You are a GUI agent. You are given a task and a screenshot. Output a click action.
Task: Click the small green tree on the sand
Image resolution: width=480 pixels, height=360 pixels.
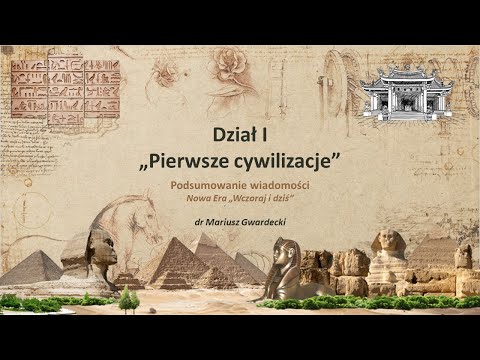[x=128, y=298]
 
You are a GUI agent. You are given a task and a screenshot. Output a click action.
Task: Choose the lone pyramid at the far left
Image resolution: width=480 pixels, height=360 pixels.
[x=32, y=267]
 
